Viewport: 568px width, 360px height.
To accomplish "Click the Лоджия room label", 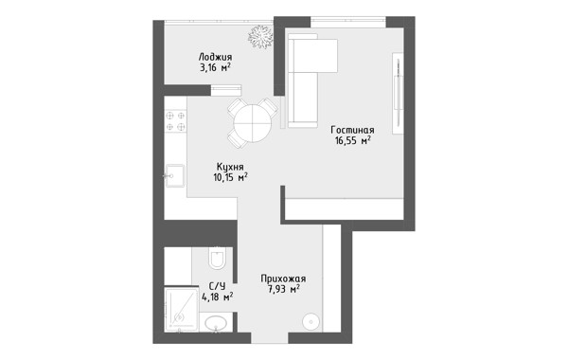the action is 215,57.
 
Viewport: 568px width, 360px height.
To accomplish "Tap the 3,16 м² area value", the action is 215,68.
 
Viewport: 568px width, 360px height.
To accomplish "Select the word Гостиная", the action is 352,130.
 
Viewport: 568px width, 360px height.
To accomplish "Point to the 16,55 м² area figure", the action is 352,140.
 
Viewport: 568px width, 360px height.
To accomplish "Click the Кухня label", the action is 230,167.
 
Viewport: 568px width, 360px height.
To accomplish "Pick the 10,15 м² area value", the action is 230,177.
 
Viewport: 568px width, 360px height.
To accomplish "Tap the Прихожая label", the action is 283,279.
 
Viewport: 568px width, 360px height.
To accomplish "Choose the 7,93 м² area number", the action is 284,289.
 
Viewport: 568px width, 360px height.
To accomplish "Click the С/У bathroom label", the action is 217,286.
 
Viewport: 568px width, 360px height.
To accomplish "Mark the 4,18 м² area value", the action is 218,297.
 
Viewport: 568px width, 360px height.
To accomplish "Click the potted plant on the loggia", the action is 260,36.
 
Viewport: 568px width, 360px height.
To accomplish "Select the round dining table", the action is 253,122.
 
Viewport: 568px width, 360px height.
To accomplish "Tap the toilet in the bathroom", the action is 217,258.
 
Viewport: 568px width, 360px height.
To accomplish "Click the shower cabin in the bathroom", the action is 181,309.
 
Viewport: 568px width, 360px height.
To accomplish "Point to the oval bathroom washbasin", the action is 216,323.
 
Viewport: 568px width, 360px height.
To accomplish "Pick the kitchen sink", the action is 175,176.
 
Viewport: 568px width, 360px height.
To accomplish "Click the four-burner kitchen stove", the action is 176,121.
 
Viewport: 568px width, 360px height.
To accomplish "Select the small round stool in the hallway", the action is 311,321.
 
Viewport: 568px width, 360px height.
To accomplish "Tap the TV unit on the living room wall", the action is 399,93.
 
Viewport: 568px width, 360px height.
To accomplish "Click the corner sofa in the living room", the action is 307,81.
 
